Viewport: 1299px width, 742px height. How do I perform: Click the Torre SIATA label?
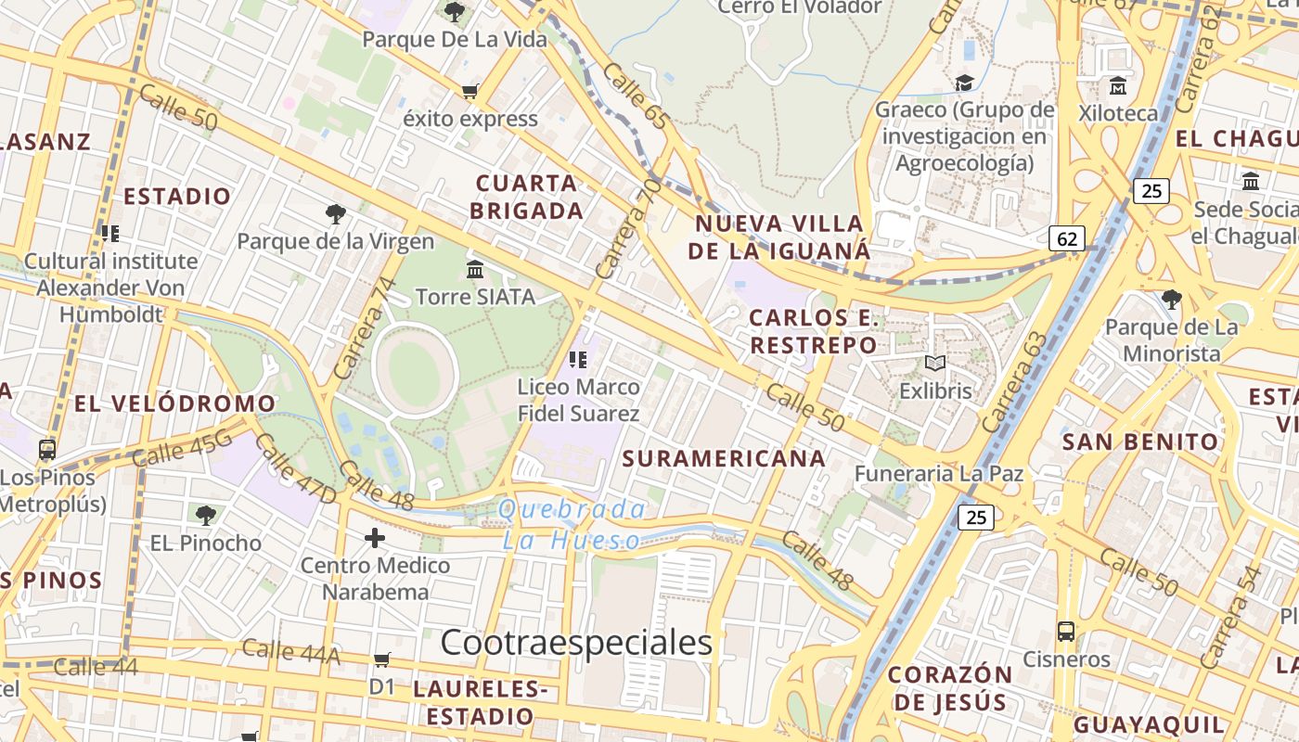(475, 297)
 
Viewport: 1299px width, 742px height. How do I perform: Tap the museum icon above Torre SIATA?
(475, 270)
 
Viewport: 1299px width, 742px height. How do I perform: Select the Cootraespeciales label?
(576, 642)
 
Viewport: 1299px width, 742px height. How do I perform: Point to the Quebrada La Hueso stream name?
(572, 524)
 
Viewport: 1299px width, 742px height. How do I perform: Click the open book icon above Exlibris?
(935, 364)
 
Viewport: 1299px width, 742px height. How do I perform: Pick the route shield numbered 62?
(1067, 238)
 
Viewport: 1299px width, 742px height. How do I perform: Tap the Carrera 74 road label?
(364, 328)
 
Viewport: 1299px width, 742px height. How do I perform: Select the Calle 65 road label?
(636, 96)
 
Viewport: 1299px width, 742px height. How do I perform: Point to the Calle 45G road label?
(182, 449)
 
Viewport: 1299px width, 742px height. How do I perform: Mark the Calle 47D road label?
(295, 469)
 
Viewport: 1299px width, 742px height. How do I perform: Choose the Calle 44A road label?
(290, 652)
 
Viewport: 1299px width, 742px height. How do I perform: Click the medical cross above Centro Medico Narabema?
(375, 538)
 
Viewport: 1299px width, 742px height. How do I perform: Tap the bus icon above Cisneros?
(1066, 633)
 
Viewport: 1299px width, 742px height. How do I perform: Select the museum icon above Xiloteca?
(1118, 86)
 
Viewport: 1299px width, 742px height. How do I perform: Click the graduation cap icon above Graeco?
(965, 83)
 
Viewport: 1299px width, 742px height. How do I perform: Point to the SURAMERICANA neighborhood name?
(724, 458)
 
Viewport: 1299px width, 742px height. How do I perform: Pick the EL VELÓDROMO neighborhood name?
(174, 403)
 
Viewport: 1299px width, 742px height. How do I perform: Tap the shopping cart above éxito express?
(470, 91)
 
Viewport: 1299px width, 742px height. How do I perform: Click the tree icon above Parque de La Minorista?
(1171, 300)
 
